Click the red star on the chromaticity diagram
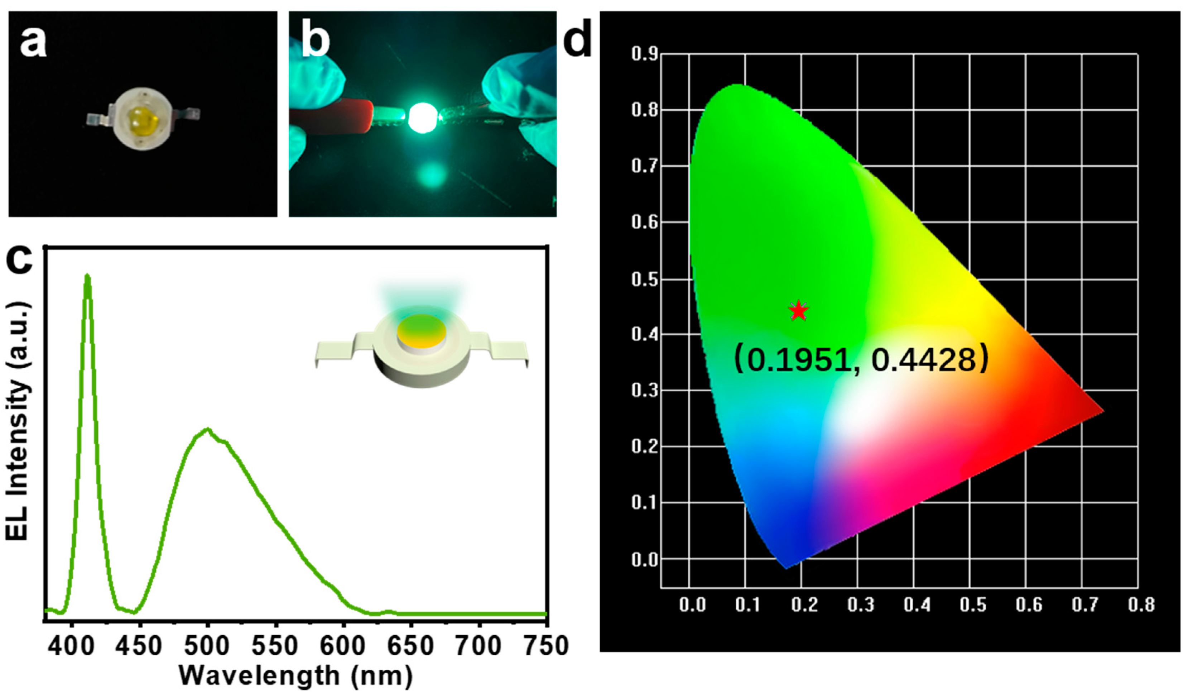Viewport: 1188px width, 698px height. [798, 310]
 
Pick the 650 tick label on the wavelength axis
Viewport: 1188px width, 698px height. [410, 646]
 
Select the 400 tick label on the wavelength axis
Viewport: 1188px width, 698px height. [72, 646]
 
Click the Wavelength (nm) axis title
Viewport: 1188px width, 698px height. [295, 676]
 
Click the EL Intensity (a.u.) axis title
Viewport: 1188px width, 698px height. [18, 420]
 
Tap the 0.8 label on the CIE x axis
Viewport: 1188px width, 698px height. [1141, 604]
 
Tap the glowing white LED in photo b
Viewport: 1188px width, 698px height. [423, 117]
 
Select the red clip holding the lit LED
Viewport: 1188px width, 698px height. [340, 115]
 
